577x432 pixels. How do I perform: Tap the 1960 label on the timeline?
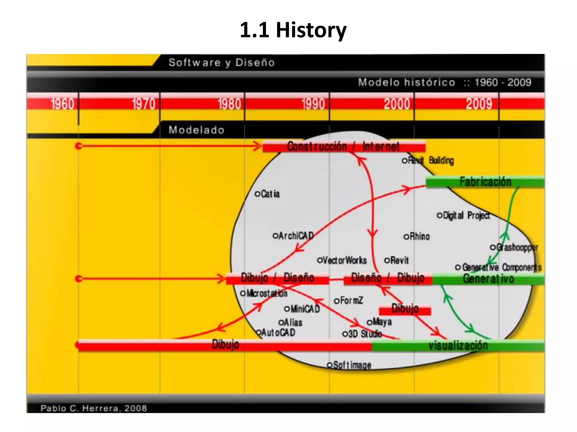point(63,104)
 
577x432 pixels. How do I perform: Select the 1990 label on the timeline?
point(313,104)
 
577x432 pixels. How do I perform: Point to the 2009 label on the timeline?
point(479,104)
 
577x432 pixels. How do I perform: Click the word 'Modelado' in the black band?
point(196,130)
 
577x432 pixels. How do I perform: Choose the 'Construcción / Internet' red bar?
point(343,147)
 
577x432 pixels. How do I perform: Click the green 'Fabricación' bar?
point(485,182)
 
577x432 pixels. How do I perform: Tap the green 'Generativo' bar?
point(488,279)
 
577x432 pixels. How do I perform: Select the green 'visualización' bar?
point(458,345)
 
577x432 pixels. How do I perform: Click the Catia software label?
point(270,194)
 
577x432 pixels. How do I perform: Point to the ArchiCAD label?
point(296,236)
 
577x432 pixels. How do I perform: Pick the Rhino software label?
point(419,237)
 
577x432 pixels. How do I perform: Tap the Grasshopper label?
point(516,247)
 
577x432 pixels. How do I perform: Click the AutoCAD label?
point(278,333)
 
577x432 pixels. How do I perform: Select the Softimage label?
point(352,365)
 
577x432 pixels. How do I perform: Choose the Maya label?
point(382,322)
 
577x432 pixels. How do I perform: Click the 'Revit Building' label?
point(430,160)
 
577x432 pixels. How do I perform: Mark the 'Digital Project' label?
point(466,215)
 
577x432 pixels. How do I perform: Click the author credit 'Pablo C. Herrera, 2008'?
point(94,408)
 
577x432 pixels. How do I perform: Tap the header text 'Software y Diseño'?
point(221,62)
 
